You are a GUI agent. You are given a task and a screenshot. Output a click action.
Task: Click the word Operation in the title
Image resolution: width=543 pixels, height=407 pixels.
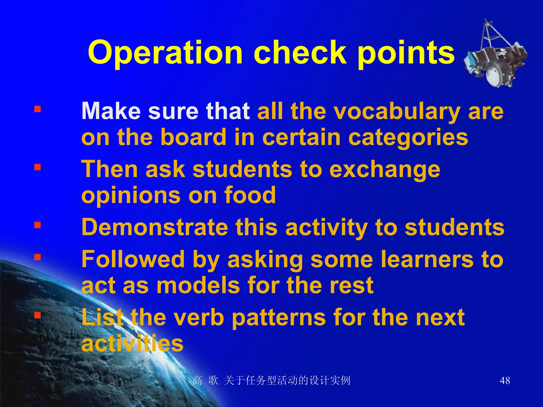tap(165, 53)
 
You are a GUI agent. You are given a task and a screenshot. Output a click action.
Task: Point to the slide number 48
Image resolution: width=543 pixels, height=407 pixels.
tap(505, 381)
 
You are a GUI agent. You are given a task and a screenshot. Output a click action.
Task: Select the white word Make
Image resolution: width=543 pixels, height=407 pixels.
tap(111, 111)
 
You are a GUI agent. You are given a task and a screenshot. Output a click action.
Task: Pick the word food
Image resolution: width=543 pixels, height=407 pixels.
tap(250, 195)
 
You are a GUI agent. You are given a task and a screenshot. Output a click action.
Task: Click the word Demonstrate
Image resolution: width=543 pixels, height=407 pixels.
tap(155, 227)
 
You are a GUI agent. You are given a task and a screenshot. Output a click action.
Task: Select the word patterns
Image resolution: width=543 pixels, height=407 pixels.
tap(278, 318)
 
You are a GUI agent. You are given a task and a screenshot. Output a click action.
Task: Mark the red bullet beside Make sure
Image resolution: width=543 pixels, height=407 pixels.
tap(37, 109)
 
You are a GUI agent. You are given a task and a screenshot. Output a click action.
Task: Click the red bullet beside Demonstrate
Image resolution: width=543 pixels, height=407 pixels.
tap(37, 225)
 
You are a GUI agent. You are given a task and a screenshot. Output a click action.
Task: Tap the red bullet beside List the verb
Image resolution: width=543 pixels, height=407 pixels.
tap(37, 315)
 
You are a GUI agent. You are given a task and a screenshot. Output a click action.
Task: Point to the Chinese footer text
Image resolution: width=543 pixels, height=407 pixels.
tap(271, 381)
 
